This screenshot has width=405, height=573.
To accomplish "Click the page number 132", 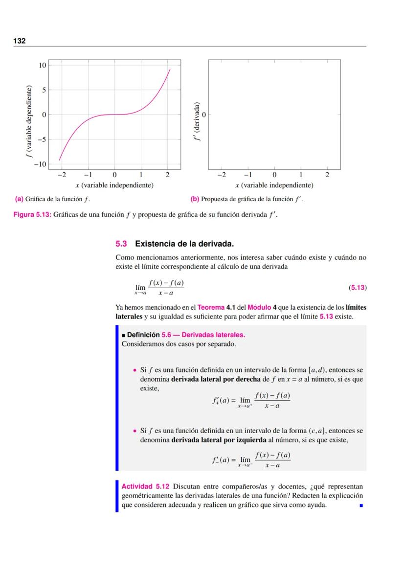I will click(19, 41).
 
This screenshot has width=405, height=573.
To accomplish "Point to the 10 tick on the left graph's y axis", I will click(43, 65).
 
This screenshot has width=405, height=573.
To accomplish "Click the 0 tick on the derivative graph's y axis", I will click(203, 115).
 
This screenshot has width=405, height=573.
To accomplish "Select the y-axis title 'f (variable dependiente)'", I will click(29, 122).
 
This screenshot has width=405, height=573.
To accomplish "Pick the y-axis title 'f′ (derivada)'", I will click(197, 121).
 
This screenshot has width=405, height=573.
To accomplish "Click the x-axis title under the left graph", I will click(114, 185).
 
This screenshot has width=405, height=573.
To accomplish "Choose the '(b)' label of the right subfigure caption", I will click(195, 199).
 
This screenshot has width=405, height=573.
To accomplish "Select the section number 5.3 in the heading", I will click(121, 243).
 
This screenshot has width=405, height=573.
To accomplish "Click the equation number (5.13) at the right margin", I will click(358, 288).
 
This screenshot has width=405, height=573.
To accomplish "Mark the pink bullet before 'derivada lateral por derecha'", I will click(135, 370).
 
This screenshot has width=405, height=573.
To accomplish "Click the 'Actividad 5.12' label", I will click(145, 486).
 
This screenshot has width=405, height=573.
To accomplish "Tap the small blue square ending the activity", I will click(361, 505).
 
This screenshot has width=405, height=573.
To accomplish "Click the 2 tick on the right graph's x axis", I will click(327, 175).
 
